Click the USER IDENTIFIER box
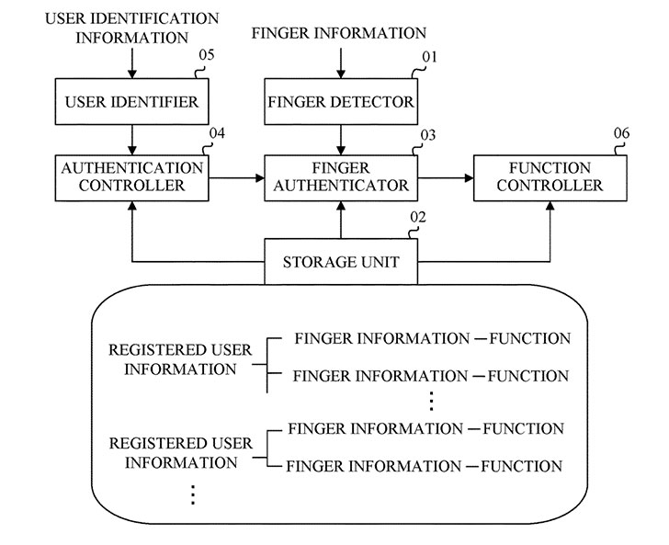131,102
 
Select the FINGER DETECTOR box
341,102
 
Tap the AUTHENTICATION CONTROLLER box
131,176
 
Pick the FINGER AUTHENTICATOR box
341,176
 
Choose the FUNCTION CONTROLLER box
551,176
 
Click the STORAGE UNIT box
341,262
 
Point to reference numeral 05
208,55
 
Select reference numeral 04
217,134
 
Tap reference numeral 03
428,135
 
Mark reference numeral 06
621,134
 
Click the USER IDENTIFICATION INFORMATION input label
131,28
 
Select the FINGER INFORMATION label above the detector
339,33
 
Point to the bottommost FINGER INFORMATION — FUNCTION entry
425,466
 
